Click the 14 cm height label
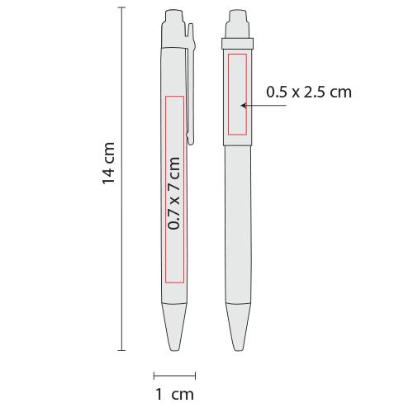(108, 164)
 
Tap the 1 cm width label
(174, 394)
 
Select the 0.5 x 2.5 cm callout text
(309, 92)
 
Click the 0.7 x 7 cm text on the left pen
(174, 193)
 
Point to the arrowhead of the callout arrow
(243, 106)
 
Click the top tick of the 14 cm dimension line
(121, 7)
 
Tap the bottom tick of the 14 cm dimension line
(121, 350)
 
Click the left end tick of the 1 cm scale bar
(154, 375)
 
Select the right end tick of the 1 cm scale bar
(195, 375)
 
